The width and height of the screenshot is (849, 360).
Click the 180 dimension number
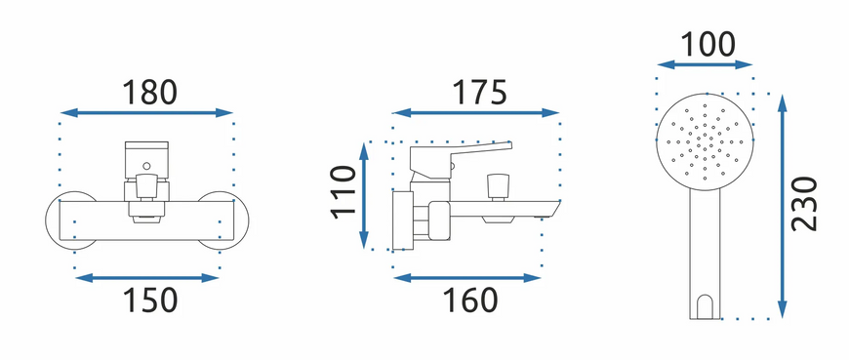(149, 93)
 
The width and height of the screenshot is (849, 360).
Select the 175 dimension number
(480, 93)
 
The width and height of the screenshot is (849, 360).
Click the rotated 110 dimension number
(344, 192)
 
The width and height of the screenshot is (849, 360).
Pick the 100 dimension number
(707, 45)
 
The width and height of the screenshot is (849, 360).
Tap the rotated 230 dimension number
(804, 204)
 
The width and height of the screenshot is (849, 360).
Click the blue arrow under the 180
(146, 112)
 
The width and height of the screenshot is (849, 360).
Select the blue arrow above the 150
(146, 278)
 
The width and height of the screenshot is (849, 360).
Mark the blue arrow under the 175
(475, 112)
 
